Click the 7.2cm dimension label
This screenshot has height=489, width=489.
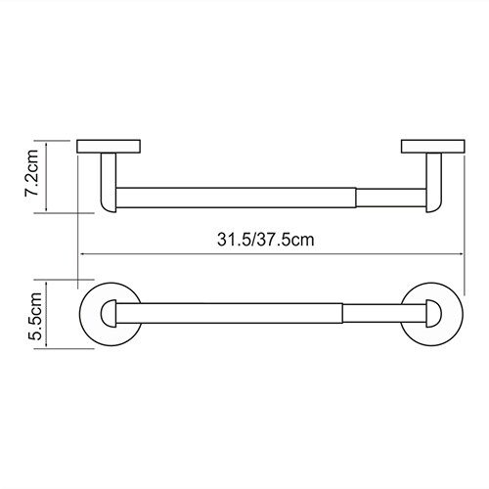click(x=31, y=173)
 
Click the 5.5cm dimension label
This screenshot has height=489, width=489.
click(x=34, y=316)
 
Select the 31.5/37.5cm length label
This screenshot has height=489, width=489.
click(x=266, y=240)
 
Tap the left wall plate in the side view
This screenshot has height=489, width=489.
click(x=109, y=147)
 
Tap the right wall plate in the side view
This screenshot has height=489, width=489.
click(x=433, y=147)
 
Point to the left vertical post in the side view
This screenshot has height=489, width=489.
click(x=109, y=183)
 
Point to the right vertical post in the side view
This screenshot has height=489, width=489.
click(x=434, y=183)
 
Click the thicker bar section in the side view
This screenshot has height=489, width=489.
click(x=236, y=198)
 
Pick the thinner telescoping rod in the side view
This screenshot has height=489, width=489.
click(x=391, y=198)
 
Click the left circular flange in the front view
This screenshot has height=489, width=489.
click(x=85, y=314)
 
